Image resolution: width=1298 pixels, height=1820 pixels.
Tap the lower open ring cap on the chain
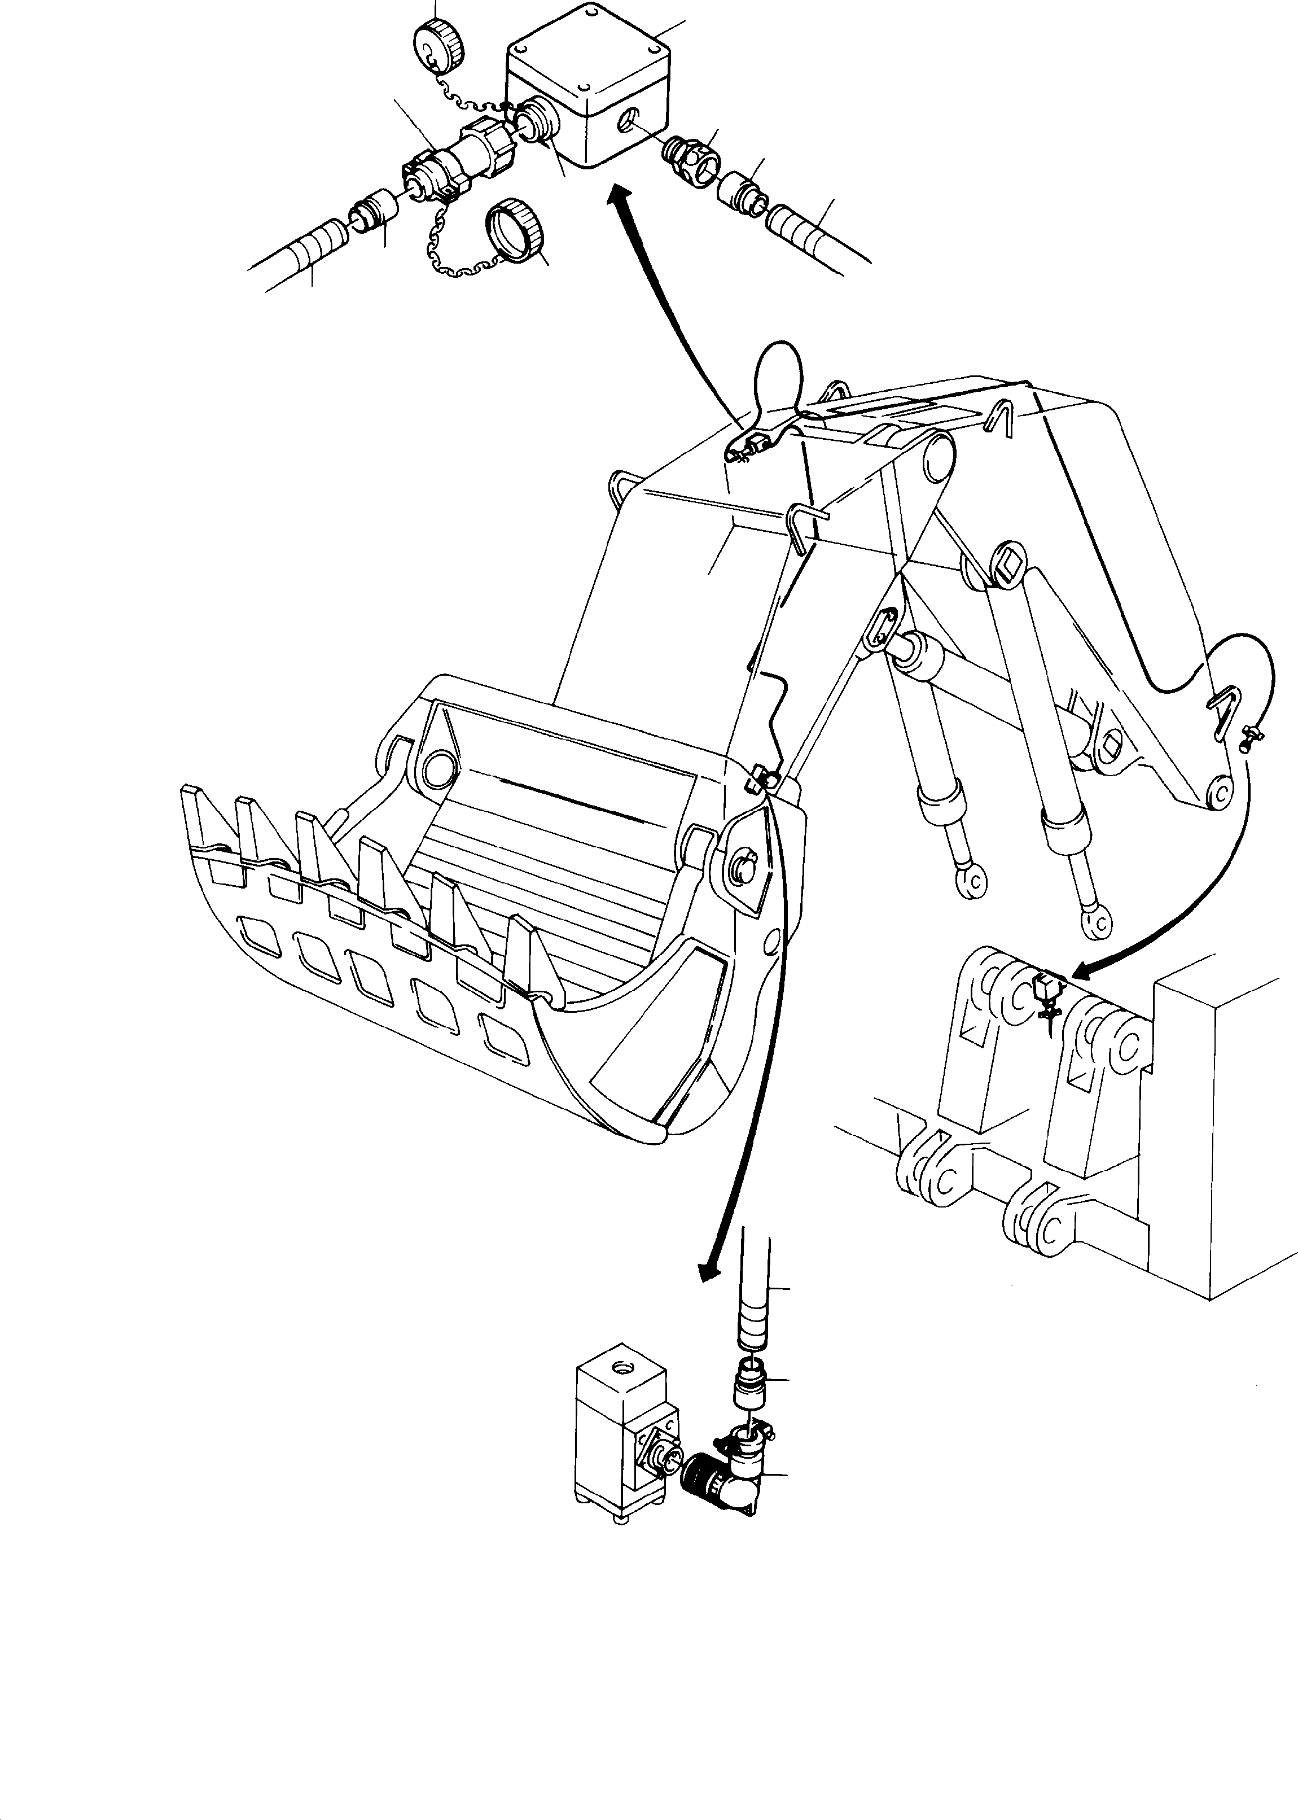pyautogui.click(x=515, y=229)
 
